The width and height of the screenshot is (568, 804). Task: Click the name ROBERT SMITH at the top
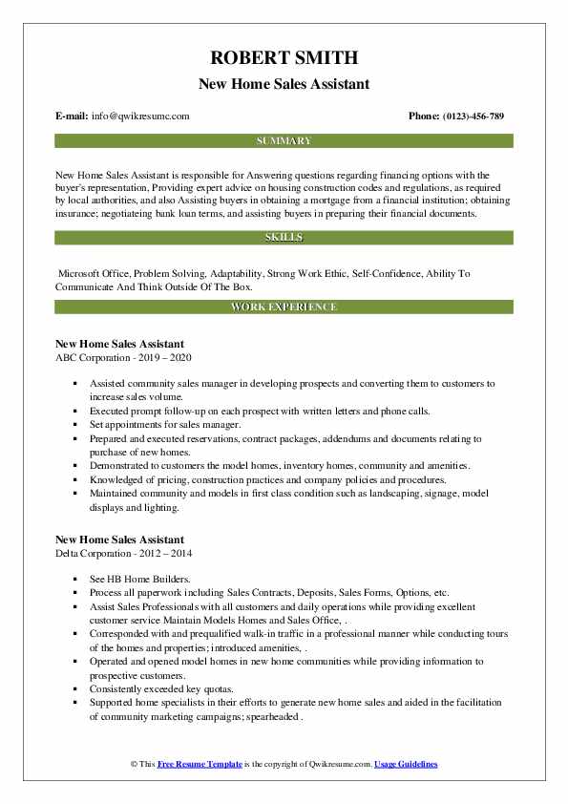[284, 60]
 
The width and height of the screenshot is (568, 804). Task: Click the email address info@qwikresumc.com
[140, 116]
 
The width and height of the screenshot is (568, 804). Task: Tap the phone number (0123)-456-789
[472, 116]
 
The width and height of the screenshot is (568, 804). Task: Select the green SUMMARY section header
[284, 140]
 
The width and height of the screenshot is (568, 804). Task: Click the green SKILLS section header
[284, 236]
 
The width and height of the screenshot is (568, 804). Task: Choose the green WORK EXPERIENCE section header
[284, 307]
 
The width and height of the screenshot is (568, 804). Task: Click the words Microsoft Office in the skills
[95, 273]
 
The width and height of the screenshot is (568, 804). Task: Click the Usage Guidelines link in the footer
[406, 765]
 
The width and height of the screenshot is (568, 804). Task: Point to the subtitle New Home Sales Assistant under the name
[284, 84]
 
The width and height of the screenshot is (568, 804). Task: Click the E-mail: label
[73, 116]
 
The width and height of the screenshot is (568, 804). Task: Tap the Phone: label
[425, 116]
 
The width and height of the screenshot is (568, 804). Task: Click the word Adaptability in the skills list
[231, 273]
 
